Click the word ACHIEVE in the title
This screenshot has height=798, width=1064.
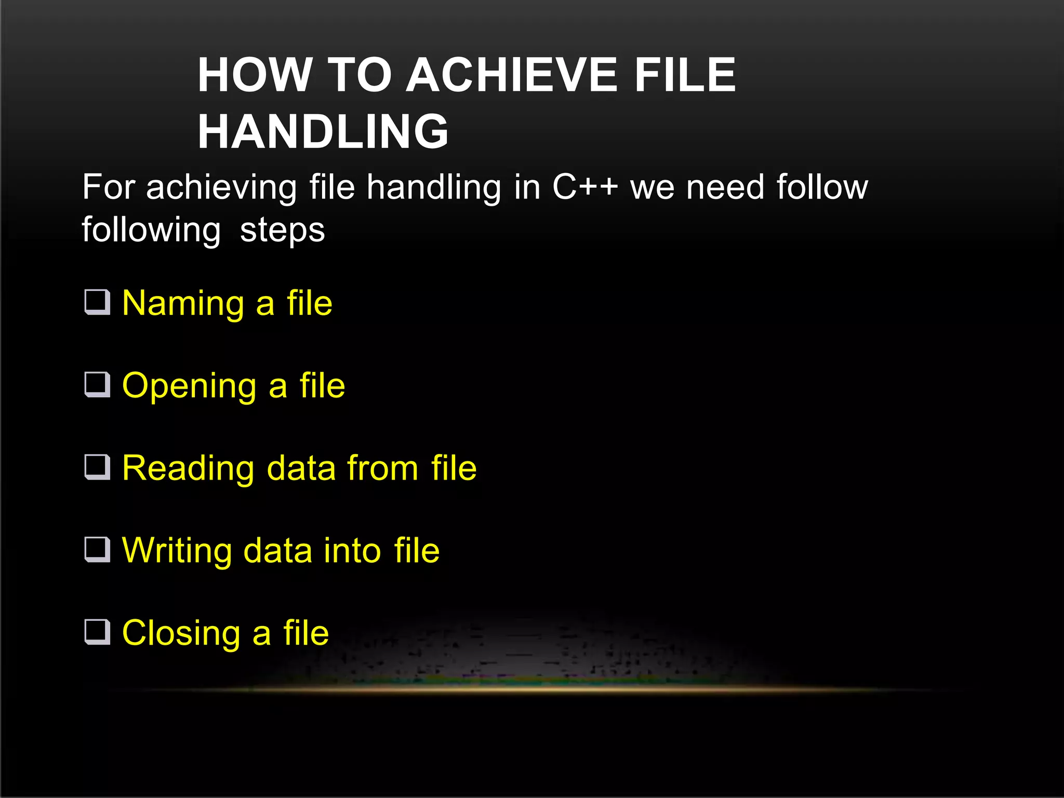(x=512, y=75)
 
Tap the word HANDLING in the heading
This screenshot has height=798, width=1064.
(x=323, y=131)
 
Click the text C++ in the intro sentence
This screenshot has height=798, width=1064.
(x=585, y=187)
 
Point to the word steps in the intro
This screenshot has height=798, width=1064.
(x=282, y=230)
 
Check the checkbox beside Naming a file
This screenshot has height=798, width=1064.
(x=97, y=302)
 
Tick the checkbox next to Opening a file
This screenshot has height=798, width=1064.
(x=97, y=385)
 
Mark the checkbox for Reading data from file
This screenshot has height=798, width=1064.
(x=97, y=468)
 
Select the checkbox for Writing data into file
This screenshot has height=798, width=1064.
(x=97, y=550)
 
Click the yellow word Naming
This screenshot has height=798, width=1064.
(x=183, y=303)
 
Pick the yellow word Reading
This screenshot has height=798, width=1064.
(x=188, y=469)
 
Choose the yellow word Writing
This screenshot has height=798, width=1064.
(x=177, y=551)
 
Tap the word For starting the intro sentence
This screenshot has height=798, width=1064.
(x=109, y=187)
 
